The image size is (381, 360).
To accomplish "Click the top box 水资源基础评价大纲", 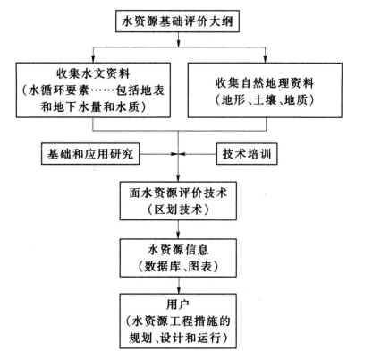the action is pyautogui.click(x=177, y=21).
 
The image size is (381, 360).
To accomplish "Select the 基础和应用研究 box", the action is pyautogui.click(x=90, y=154).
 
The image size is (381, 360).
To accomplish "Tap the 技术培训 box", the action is pyautogui.click(x=247, y=154).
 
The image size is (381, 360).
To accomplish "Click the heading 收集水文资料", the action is pyautogui.click(x=93, y=73).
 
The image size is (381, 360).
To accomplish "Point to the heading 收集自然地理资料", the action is pyautogui.click(x=265, y=83).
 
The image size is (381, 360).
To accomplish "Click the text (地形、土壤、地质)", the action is pyautogui.click(x=265, y=100).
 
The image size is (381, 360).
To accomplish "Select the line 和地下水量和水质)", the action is pyautogui.click(x=93, y=107).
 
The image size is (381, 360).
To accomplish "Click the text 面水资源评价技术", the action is pyautogui.click(x=178, y=193).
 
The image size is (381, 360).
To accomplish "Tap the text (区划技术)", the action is pyautogui.click(x=178, y=210).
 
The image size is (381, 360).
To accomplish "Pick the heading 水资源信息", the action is pyautogui.click(x=178, y=250).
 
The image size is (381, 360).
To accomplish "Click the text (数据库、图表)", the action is pyautogui.click(x=178, y=266).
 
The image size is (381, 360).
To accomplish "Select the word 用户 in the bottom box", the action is pyautogui.click(x=178, y=304).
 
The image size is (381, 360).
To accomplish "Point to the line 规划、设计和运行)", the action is pyautogui.click(x=178, y=339).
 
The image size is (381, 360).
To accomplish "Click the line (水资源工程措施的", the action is pyautogui.click(x=178, y=321).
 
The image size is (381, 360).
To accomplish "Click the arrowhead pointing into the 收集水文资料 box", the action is pyautogui.click(x=93, y=59).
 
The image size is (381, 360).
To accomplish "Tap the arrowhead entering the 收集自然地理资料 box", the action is pyautogui.click(x=265, y=59).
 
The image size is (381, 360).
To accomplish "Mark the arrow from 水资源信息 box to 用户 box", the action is pyautogui.click(x=178, y=286).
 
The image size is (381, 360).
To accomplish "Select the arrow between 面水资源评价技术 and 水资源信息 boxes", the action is pyautogui.click(x=178, y=229).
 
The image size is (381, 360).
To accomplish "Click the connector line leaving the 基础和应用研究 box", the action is pyautogui.click(x=158, y=154).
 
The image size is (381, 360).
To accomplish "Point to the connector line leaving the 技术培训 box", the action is pyautogui.click(x=198, y=154).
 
